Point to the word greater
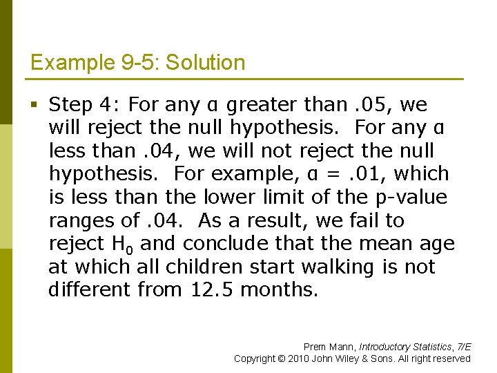click(263, 105)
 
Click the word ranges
click(77, 221)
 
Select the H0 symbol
click(119, 244)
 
